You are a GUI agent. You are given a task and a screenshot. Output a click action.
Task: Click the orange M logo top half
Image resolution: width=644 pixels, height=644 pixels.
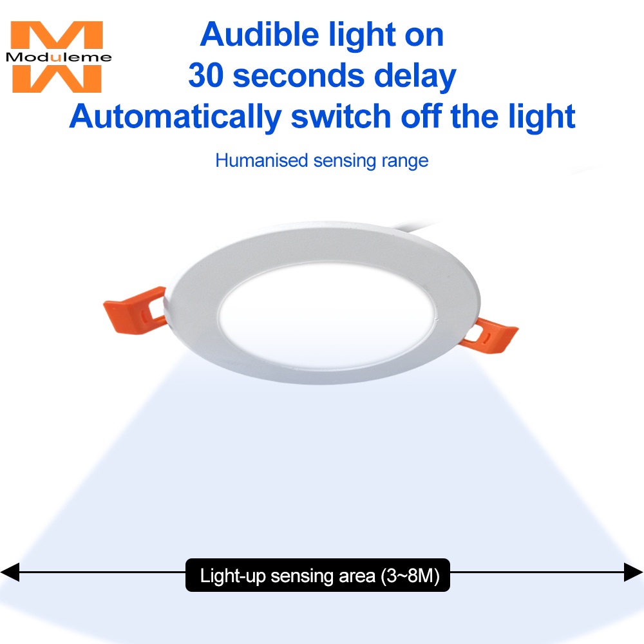pyautogui.click(x=57, y=35)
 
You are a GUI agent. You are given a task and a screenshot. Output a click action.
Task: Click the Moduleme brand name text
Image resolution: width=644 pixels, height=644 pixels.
pyautogui.click(x=59, y=57)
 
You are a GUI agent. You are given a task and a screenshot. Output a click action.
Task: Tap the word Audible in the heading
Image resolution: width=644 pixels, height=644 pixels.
pyautogui.click(x=260, y=35)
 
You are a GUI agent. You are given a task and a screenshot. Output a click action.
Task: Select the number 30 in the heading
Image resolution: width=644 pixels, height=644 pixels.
pyautogui.click(x=206, y=75)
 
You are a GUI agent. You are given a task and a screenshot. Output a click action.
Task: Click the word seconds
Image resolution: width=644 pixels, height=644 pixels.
pyautogui.click(x=299, y=76)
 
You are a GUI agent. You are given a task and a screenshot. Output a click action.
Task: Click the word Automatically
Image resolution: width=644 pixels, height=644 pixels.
pyautogui.click(x=175, y=117)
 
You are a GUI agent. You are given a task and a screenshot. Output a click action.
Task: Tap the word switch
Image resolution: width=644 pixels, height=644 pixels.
pyautogui.click(x=341, y=117)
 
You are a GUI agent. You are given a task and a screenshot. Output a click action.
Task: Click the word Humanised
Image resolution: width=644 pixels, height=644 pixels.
pyautogui.click(x=261, y=160)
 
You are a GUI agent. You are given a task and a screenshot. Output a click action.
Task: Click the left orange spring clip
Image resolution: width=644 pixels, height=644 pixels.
pyautogui.click(x=135, y=310)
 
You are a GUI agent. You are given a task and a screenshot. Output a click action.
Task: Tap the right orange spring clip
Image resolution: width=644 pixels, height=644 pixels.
pyautogui.click(x=489, y=336)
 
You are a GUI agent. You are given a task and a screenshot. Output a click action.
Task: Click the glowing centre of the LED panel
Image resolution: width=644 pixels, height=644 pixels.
pyautogui.click(x=327, y=316)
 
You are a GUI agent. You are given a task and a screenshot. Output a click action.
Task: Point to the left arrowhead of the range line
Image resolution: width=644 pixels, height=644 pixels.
pyautogui.click(x=10, y=572)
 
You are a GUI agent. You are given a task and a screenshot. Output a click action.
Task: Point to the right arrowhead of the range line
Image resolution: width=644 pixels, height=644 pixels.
pyautogui.click(x=633, y=572)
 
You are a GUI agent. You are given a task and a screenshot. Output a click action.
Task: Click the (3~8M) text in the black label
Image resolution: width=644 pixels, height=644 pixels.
pyautogui.click(x=410, y=576)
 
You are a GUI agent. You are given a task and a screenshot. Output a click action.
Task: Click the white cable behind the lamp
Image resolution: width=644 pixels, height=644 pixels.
pyautogui.click(x=415, y=225)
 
